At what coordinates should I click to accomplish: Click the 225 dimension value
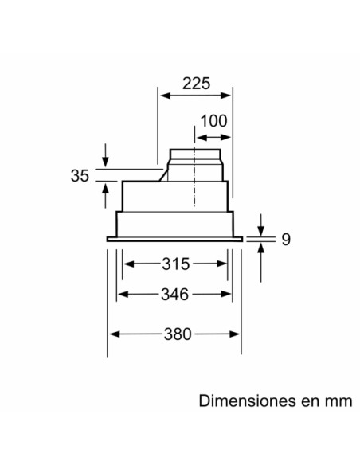(195, 83)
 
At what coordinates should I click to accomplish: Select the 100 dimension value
(213, 121)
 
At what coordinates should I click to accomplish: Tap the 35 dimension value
(79, 175)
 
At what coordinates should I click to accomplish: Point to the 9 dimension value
(285, 238)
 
